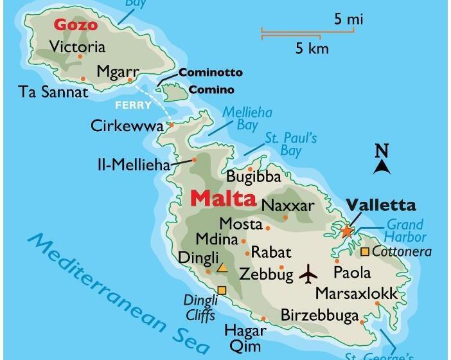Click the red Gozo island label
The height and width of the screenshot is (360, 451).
click(76, 25)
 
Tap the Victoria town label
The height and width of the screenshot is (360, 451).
click(77, 46)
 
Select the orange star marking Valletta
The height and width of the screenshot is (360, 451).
click(347, 231)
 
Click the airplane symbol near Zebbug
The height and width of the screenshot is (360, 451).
click(308, 274)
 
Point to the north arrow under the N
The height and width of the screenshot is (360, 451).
click(382, 167)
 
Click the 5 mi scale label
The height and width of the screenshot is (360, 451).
click(348, 19)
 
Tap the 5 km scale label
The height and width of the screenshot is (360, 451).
click(312, 48)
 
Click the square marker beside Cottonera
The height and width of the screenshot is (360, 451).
click(365, 251)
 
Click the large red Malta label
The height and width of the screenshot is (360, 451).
click(224, 198)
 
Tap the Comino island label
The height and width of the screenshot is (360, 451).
click(211, 90)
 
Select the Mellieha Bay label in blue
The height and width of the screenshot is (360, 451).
click(247, 118)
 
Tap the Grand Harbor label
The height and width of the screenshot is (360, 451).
click(406, 231)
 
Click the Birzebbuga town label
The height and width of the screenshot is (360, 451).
click(319, 315)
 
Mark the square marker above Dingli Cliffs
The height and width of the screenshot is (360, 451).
click(222, 291)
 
